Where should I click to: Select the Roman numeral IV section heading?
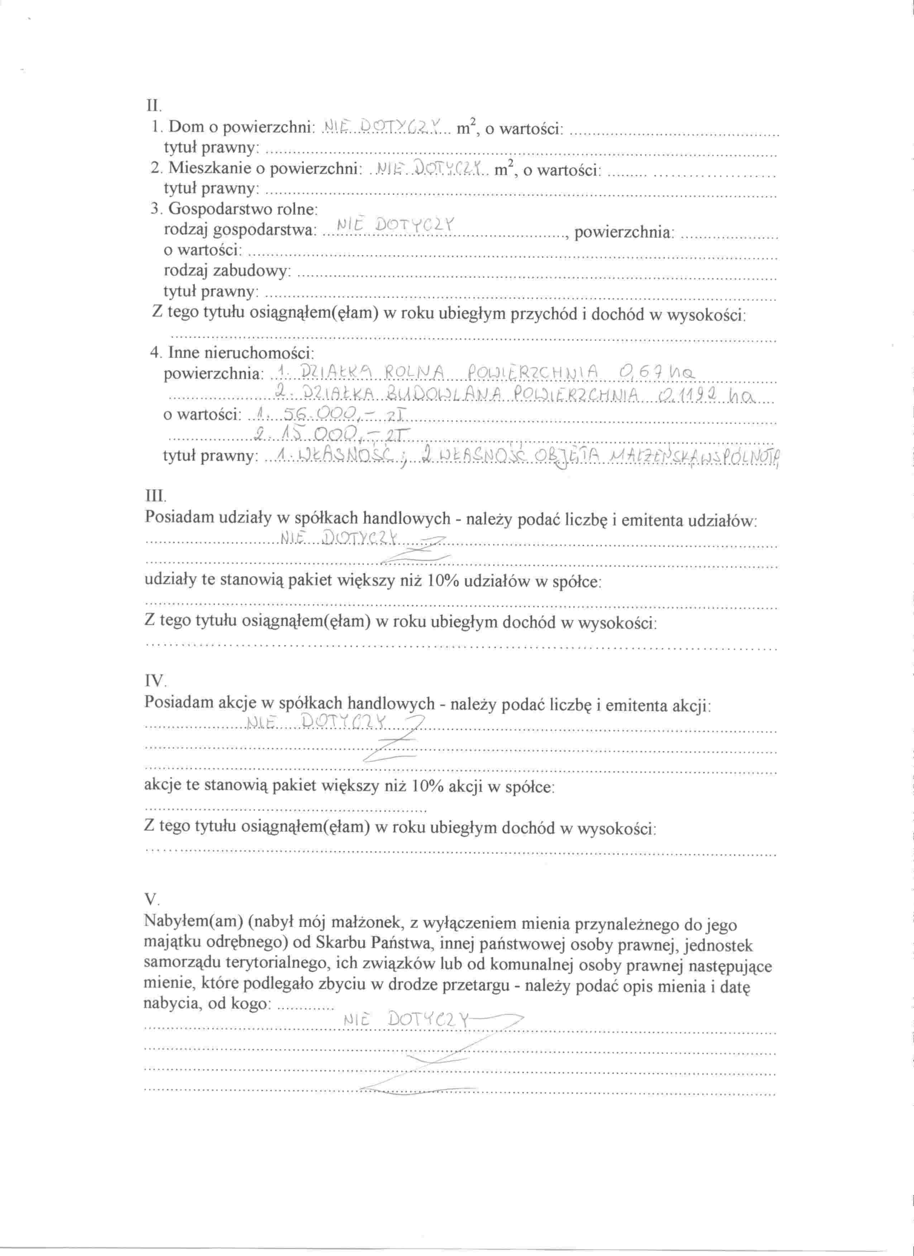tap(154, 680)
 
